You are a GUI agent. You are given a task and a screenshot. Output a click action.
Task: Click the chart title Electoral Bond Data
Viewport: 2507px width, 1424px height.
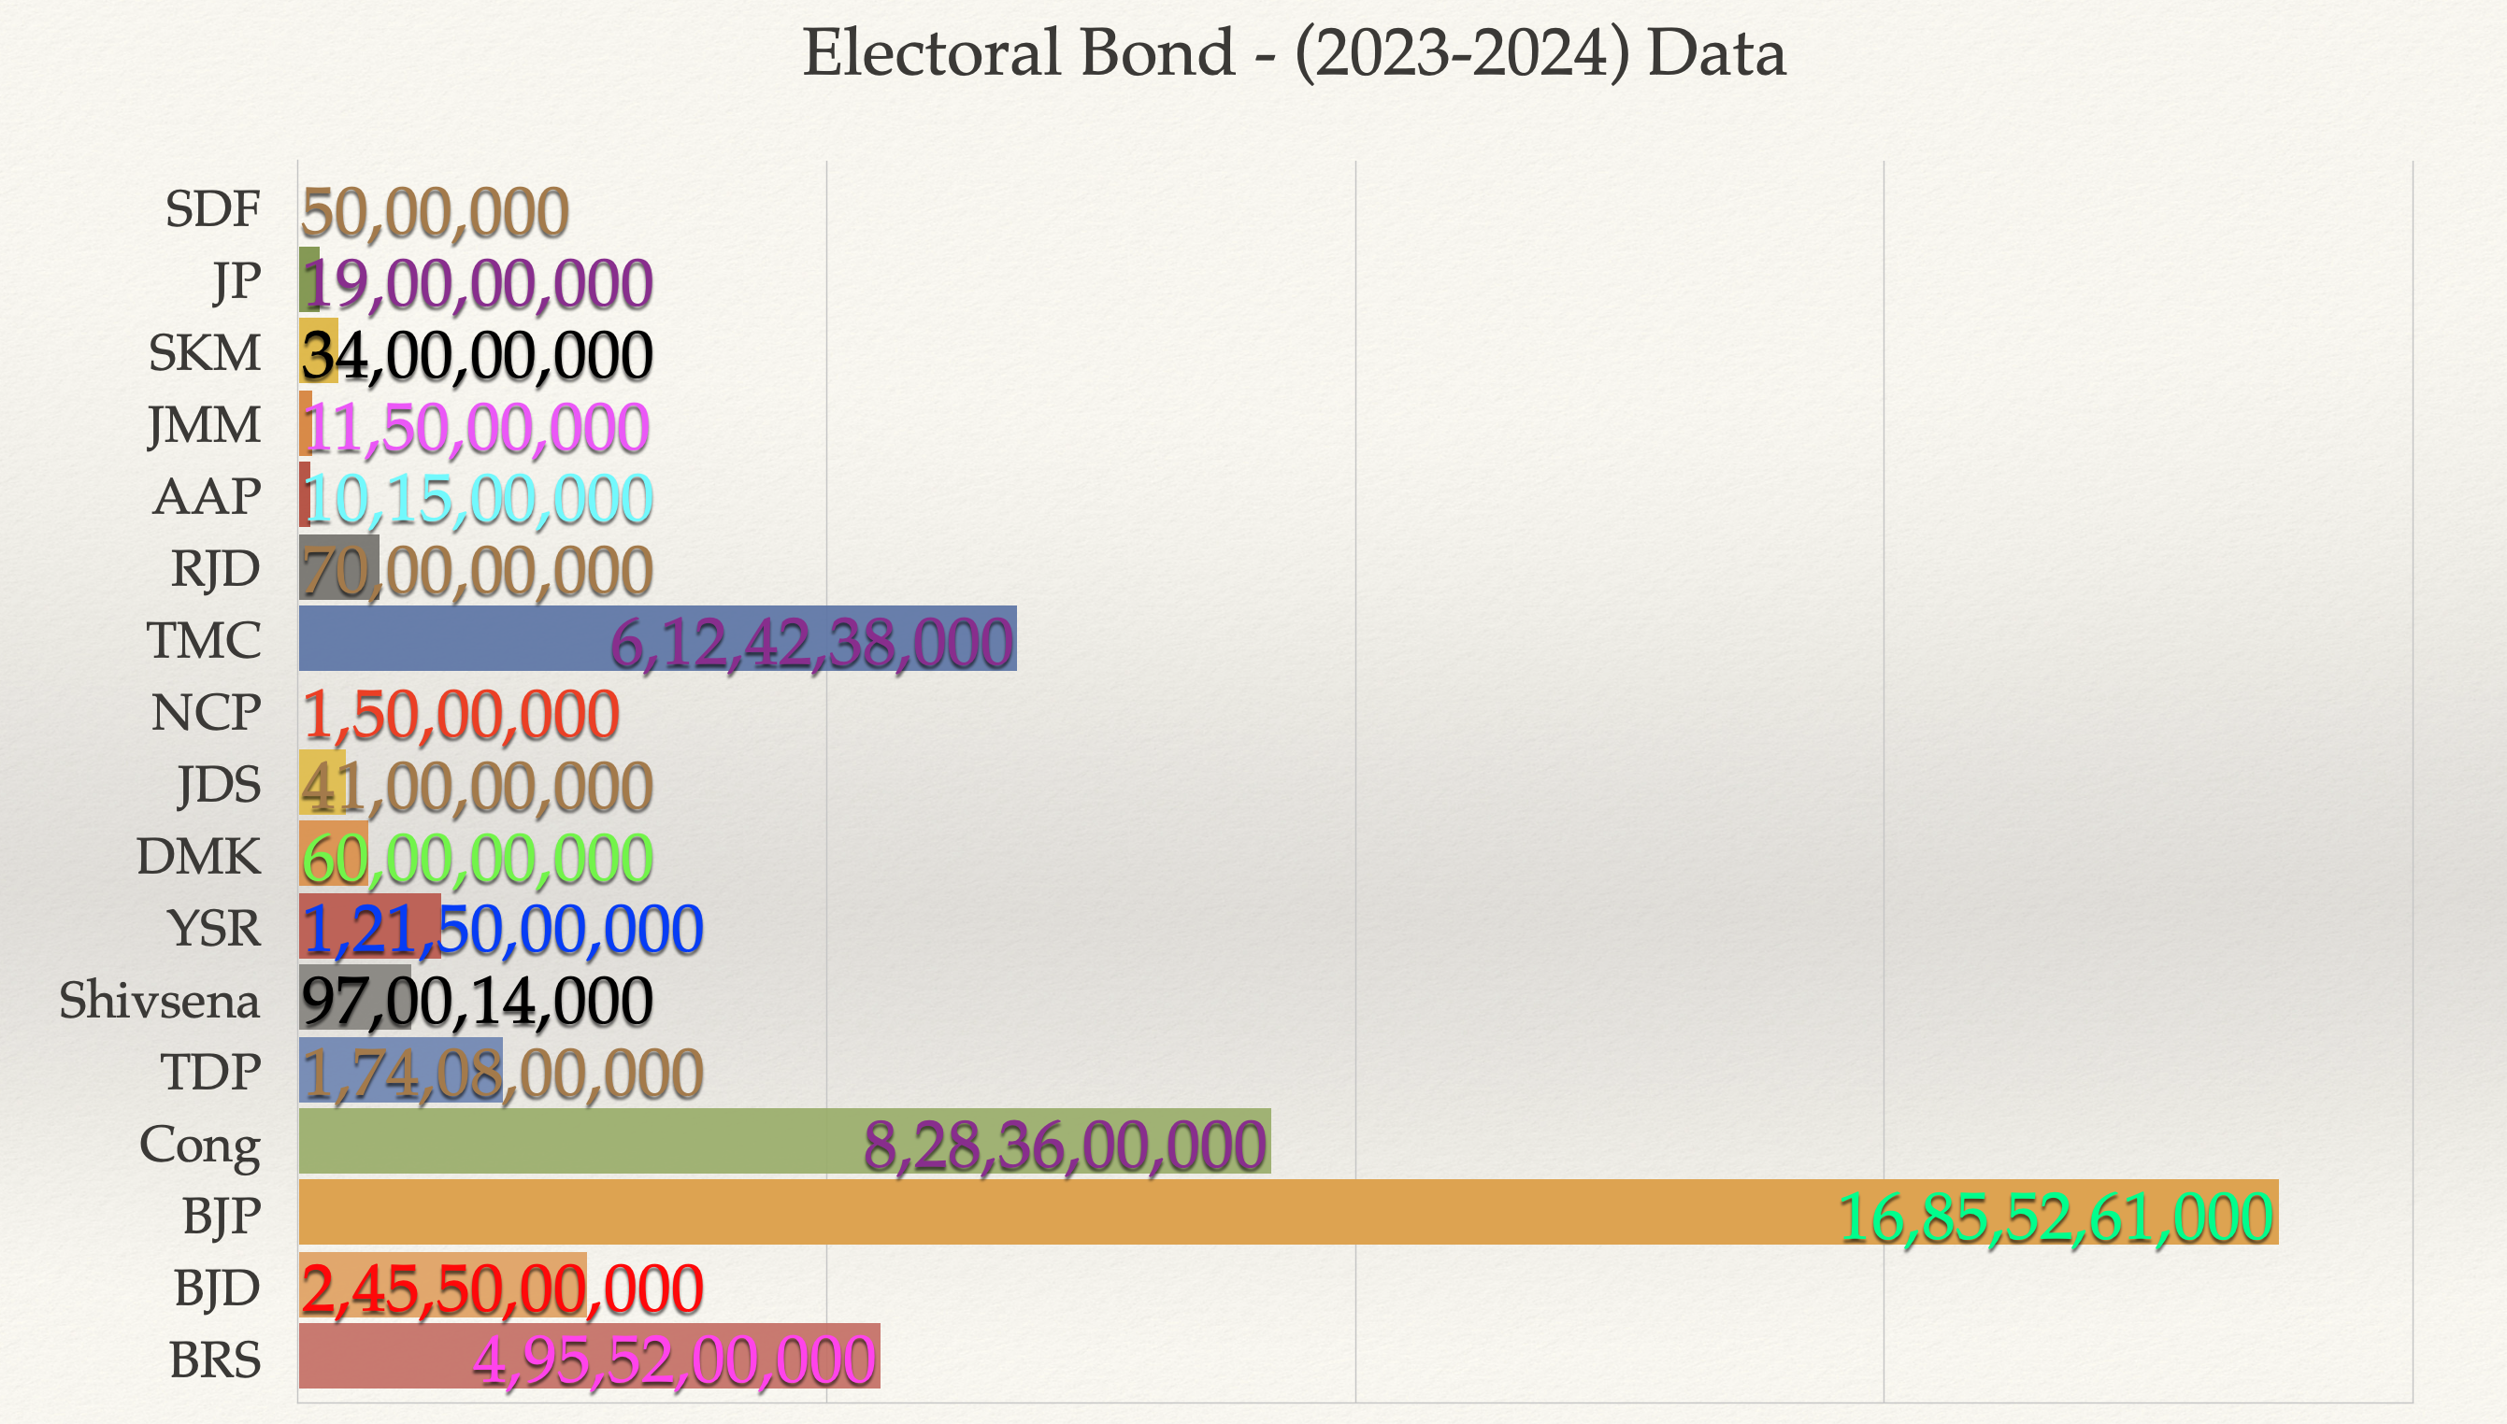pyautogui.click(x=1293, y=53)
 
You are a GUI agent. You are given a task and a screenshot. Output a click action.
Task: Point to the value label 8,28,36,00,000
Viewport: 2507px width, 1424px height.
pyautogui.click(x=1066, y=1146)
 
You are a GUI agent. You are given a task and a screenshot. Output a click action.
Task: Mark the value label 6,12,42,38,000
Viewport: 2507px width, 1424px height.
pyautogui.click(x=812, y=644)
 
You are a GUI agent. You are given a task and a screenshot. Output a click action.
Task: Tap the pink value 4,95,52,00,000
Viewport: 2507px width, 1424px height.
pyautogui.click(x=674, y=1360)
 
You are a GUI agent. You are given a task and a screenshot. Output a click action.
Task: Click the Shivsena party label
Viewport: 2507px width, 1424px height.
pyautogui.click(x=160, y=1001)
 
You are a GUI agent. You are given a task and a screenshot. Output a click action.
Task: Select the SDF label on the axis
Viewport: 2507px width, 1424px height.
pyautogui.click(x=212, y=209)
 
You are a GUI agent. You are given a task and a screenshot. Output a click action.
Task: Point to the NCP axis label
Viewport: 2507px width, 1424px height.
pyautogui.click(x=206, y=713)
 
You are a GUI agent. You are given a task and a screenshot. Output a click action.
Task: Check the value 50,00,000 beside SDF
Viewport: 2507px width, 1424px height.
pyautogui.click(x=435, y=212)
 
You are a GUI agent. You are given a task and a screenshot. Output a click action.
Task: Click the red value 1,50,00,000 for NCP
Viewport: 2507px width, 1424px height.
pyautogui.click(x=461, y=715)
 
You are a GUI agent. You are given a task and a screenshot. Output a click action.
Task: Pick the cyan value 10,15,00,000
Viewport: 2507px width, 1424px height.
pyautogui.click(x=479, y=499)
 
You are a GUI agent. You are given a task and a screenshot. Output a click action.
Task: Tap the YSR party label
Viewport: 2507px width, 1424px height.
pyautogui.click(x=213, y=928)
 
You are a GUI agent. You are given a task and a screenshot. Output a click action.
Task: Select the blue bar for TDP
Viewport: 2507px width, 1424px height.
pyautogui.click(x=400, y=1071)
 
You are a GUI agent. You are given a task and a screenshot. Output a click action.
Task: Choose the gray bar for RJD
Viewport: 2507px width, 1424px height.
pyautogui.click(x=338, y=567)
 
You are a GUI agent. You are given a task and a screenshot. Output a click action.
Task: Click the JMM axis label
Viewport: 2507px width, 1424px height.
pyautogui.click(x=204, y=425)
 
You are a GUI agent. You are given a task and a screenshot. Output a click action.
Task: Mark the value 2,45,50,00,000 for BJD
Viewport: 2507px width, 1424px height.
pyautogui.click(x=502, y=1289)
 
